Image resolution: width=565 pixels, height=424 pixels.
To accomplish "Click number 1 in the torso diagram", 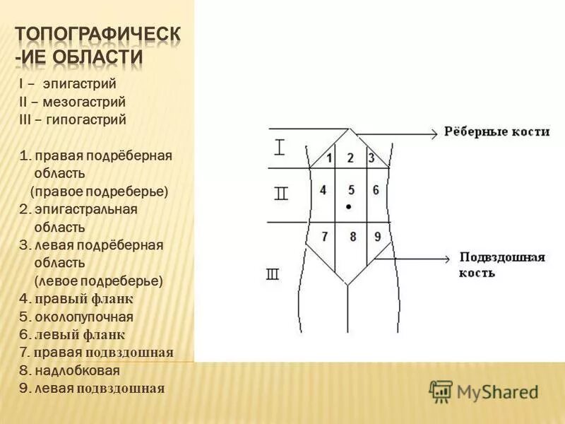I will [x=329, y=158].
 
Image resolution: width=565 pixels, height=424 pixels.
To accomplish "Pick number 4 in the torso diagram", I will [x=323, y=190].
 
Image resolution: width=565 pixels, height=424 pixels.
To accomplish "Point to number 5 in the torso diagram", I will [x=351, y=190].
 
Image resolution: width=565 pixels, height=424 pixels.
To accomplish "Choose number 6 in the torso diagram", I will [x=376, y=190].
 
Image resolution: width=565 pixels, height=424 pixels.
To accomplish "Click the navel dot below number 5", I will [x=349, y=206].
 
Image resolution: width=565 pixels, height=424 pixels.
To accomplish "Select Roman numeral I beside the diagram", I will [x=280, y=148].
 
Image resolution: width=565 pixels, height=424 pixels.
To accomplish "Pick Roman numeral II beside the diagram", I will [x=281, y=194].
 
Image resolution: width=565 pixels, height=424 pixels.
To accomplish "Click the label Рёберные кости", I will [x=496, y=132].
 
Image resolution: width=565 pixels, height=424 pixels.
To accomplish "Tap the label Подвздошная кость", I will [x=501, y=264].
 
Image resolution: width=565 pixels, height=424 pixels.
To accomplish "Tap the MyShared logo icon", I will [x=441, y=391].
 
